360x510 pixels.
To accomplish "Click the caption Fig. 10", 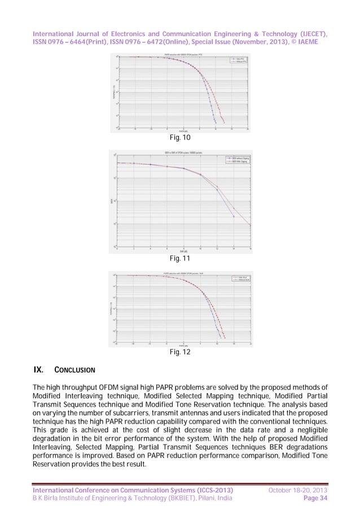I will (x=180, y=137).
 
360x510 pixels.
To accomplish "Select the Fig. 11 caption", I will (x=180, y=258).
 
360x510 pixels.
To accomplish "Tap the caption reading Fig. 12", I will (x=180, y=352).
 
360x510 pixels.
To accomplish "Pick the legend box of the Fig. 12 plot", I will (x=239, y=279).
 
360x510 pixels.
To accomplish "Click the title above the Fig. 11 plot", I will (x=180, y=152).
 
